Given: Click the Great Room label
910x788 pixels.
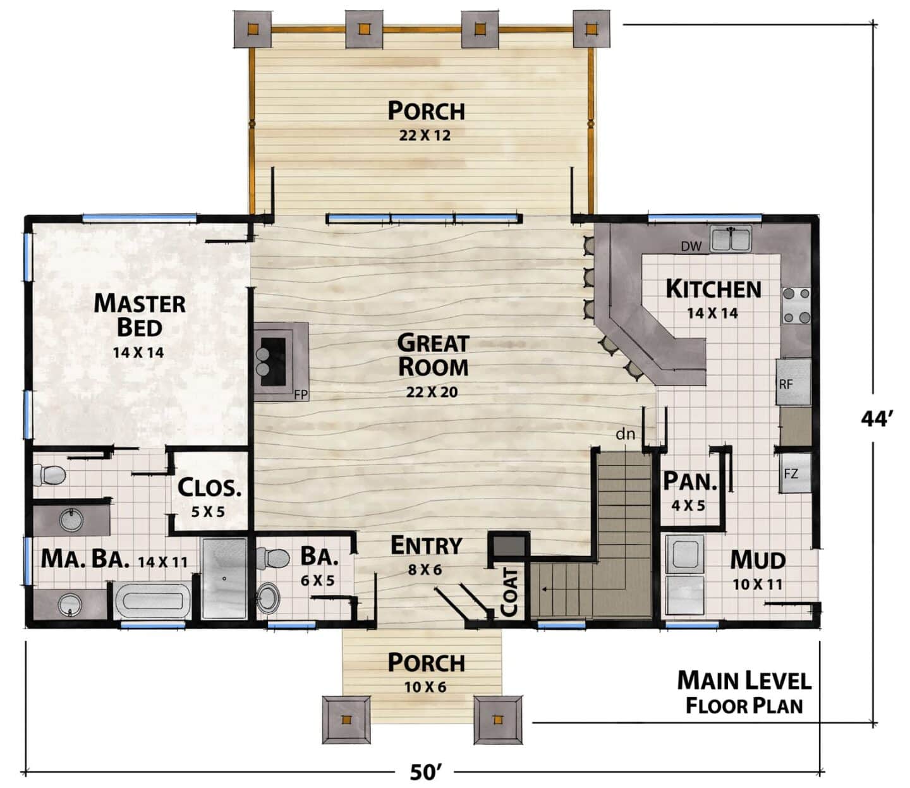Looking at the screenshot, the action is pos(434,356).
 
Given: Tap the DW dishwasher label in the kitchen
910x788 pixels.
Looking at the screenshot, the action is pos(691,246).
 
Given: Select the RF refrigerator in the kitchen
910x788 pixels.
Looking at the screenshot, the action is pos(793,382).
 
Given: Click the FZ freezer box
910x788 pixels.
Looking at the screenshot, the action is pos(796,473).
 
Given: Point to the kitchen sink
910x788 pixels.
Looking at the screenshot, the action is pos(731,238).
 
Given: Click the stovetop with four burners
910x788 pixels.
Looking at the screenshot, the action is pos(796,305).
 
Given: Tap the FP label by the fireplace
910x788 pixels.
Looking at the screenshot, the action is pos(301,395).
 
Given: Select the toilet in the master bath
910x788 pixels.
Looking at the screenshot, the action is pos(49,475).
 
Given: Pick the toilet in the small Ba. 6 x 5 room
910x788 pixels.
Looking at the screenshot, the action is pos(272,558).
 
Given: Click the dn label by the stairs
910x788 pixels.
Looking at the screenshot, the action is pos(626,435).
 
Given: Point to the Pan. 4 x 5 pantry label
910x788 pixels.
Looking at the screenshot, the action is pos(690,492).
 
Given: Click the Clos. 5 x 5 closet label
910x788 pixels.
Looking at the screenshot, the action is pos(209,497).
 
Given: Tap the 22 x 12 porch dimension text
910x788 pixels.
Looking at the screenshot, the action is pos(425,135).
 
